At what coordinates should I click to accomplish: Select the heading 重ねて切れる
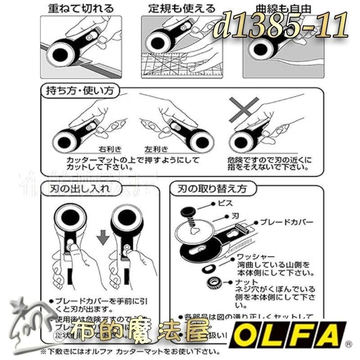click(x=81, y=9)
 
